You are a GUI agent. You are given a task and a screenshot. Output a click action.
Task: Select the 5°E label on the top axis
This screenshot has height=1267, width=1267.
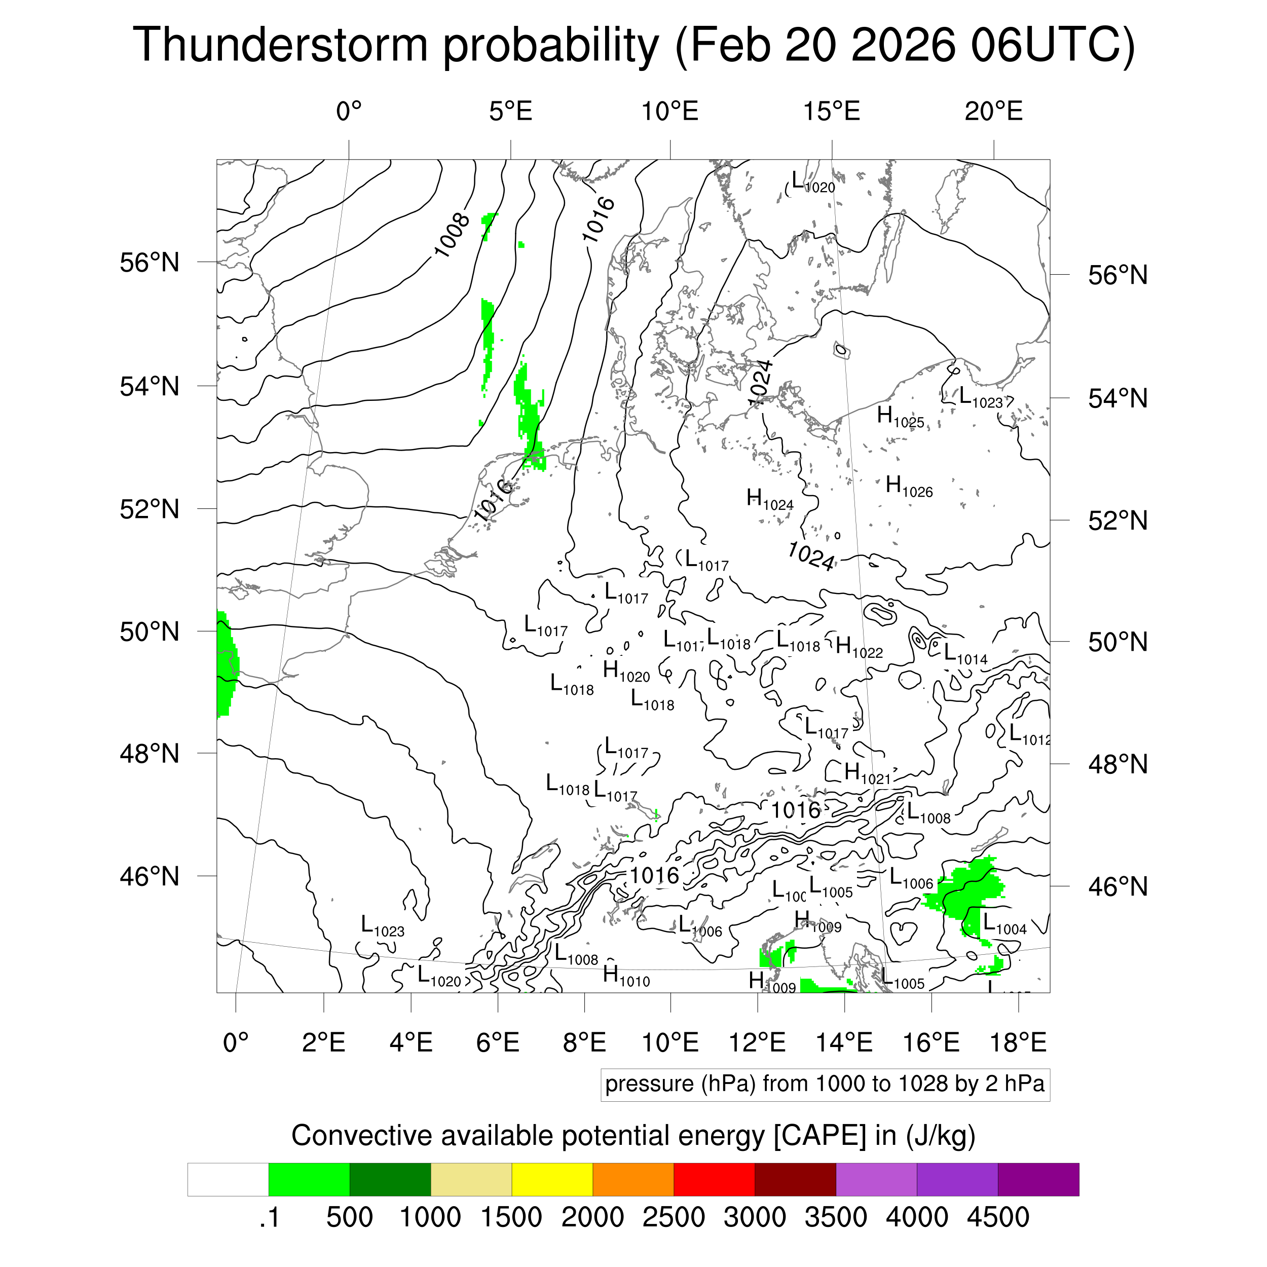(510, 112)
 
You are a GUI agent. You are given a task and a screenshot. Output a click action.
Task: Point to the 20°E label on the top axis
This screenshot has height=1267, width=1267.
(993, 112)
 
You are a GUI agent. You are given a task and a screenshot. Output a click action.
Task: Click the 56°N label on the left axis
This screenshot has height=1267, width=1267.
(150, 263)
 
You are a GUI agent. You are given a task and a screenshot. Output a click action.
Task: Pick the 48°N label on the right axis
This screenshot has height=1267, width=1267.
(1118, 765)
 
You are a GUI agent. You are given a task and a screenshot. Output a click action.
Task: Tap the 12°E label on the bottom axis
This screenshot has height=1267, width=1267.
(758, 1042)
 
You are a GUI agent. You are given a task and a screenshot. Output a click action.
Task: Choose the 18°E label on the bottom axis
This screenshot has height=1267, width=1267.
(1018, 1042)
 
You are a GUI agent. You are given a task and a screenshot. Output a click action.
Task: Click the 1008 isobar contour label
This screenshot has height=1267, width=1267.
(452, 235)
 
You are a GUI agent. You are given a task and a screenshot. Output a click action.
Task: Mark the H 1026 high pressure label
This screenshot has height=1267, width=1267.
(908, 487)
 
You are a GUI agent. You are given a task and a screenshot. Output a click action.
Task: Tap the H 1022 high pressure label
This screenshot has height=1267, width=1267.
(859, 647)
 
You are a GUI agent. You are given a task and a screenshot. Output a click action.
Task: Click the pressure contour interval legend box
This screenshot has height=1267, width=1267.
(825, 1084)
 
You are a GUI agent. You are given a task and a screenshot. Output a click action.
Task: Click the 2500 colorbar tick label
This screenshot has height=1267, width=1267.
(674, 1217)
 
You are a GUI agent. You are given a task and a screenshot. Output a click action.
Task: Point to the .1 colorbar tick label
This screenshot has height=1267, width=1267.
(270, 1217)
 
